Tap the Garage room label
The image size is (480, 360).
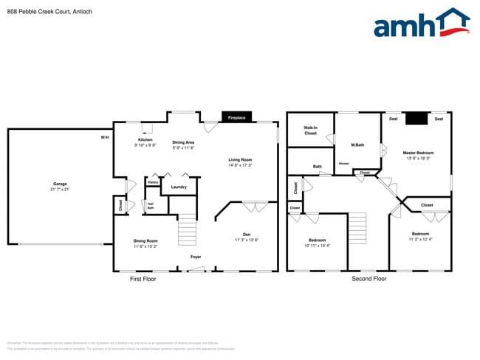59,186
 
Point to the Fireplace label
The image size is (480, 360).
236,117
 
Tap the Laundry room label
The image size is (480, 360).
179,187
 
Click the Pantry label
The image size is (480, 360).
153,181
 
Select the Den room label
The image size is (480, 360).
246,236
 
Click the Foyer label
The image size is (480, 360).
196,257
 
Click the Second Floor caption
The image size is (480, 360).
368,279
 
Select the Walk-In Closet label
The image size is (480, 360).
310,131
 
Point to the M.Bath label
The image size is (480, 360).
357,145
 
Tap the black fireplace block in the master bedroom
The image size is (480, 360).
418,118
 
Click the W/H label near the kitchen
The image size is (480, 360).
104,137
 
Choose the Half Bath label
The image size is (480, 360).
150,206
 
